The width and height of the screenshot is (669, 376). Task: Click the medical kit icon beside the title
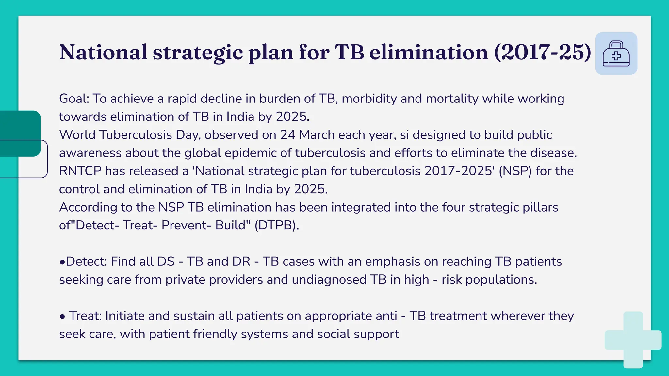(616, 54)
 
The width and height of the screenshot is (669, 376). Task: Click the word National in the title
(103, 52)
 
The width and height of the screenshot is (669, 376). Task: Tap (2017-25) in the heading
(542, 52)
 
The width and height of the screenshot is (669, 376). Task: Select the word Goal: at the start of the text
(74, 99)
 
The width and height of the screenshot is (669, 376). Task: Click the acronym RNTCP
(80, 171)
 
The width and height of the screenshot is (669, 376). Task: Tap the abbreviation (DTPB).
(276, 225)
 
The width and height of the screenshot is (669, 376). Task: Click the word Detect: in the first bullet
(87, 261)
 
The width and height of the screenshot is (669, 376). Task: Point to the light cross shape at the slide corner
(633, 340)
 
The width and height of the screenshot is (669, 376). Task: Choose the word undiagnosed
(329, 280)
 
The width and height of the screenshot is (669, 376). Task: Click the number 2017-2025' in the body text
(460, 171)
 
